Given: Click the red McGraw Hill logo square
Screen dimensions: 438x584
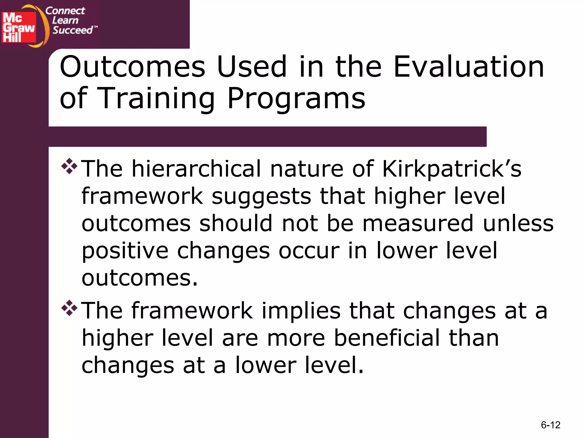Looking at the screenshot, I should tap(19, 27).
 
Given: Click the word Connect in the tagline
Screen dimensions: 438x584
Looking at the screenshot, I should tap(65, 11).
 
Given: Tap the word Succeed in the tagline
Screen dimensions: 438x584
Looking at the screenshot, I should tap(73, 30).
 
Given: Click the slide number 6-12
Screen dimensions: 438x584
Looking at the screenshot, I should tap(550, 425).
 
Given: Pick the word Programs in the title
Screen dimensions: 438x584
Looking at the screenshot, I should tap(296, 98).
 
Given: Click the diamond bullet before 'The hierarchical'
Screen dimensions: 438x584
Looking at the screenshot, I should tap(69, 166).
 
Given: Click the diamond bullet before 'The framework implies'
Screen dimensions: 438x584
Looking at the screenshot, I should tap(69, 308).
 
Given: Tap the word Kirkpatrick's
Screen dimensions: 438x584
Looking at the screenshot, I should tap(452, 169).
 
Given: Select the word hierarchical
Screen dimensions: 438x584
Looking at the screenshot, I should tap(196, 169).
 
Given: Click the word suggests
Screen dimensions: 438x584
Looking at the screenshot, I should tap(261, 197).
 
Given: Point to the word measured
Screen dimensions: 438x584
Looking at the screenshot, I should tap(418, 224).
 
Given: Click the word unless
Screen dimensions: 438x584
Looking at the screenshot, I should tap(518, 224).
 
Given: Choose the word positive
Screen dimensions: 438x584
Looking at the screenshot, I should tap(125, 251).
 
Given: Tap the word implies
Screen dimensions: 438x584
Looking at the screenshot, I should tap(301, 311).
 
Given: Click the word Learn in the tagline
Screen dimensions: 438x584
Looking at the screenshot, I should tap(65, 21).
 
